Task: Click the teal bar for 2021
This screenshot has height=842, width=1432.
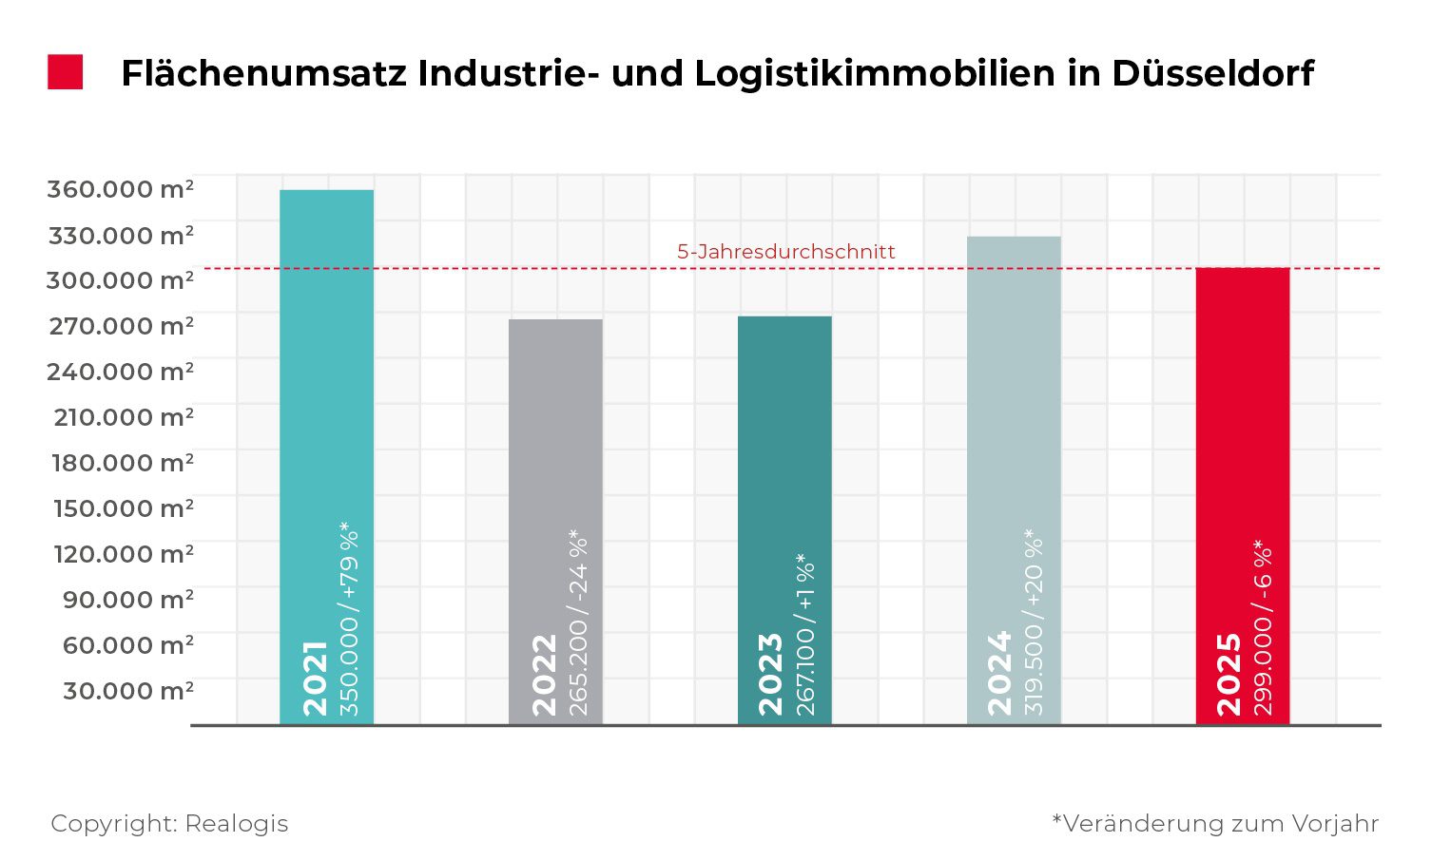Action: [326, 380]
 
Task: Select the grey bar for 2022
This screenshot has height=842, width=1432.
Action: [555, 428]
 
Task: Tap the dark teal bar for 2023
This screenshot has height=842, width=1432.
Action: [784, 428]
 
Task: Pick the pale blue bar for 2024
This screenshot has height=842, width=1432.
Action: [1014, 380]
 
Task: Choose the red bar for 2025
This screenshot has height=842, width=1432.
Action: [1243, 399]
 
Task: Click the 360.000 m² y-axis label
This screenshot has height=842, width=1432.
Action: [121, 189]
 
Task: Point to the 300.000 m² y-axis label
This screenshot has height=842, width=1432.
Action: [121, 280]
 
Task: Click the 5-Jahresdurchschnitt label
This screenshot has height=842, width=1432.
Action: [786, 252]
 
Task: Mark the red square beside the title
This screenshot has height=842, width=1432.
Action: [66, 72]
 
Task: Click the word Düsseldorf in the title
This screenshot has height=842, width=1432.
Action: [1212, 73]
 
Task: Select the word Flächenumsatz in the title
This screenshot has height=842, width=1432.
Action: [262, 73]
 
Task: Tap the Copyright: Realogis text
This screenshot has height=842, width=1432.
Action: [169, 823]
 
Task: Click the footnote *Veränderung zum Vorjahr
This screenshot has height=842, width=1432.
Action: [1215, 823]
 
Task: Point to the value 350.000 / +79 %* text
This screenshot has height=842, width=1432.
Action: [350, 619]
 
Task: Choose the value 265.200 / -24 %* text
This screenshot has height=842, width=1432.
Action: [578, 623]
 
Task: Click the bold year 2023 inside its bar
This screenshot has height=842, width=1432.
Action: [770, 674]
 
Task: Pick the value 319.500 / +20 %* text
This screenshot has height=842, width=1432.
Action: [1035, 622]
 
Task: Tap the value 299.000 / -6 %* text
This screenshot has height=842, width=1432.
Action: [1264, 628]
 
